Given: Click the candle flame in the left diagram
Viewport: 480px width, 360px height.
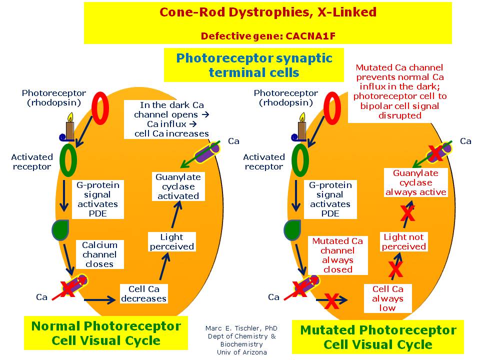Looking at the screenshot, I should click(70, 118).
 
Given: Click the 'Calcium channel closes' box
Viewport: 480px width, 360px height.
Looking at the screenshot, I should click(99, 254).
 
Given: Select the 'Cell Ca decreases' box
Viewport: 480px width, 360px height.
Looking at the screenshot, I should click(144, 293).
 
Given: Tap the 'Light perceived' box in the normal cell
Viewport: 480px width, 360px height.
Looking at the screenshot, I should click(172, 241).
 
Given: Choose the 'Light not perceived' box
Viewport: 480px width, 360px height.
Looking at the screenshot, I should click(404, 241).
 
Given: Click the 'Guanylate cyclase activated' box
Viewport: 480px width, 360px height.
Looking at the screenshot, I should click(178, 186).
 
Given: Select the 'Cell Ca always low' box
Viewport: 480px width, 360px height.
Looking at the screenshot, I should click(387, 298).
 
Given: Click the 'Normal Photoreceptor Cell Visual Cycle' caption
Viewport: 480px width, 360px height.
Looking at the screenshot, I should click(106, 333).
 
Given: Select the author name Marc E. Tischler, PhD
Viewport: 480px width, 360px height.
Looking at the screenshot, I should click(241, 328).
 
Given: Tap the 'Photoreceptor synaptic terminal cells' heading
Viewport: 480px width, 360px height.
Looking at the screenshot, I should click(253, 64).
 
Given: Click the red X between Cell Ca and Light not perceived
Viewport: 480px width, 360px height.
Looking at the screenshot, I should click(395, 269).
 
